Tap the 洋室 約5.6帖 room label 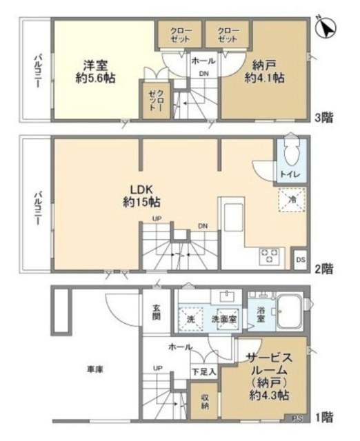(97, 72)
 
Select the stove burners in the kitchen (268, 256)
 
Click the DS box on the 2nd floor (300, 259)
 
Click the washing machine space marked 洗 (190, 320)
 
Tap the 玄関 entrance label (157, 313)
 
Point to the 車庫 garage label (95, 370)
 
